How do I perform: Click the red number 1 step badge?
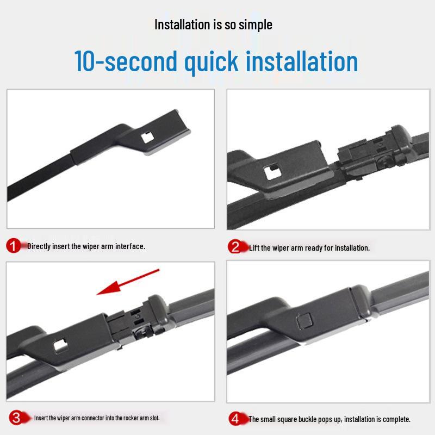(13, 246)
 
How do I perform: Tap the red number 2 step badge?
(235, 247)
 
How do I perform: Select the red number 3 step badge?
(16, 418)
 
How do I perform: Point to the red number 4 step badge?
(236, 419)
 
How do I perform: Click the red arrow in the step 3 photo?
(128, 282)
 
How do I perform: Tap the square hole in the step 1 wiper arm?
(147, 138)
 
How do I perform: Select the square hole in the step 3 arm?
(60, 346)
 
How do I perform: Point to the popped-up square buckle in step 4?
(304, 321)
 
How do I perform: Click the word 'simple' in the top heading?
(255, 25)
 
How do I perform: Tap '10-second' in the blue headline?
(126, 61)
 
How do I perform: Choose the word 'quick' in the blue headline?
(212, 62)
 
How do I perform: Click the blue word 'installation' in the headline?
(302, 61)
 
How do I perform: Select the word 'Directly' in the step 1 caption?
(39, 246)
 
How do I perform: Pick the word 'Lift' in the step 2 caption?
(254, 248)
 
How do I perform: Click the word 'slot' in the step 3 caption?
(154, 418)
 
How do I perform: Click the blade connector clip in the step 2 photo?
(373, 150)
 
